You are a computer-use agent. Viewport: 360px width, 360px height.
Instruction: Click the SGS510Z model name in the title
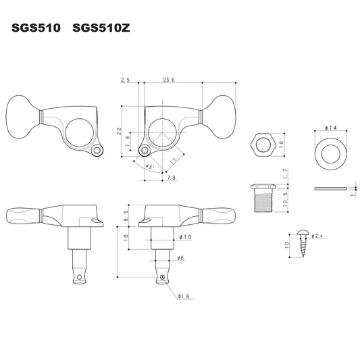(101, 28)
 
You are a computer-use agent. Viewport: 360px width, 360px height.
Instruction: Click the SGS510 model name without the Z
(36, 28)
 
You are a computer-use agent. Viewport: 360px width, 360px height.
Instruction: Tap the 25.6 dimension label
(169, 80)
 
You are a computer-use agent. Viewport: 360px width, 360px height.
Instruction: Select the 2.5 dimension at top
(126, 80)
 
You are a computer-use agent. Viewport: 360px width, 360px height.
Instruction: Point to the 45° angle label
(150, 167)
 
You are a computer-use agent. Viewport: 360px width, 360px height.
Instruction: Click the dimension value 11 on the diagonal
(173, 161)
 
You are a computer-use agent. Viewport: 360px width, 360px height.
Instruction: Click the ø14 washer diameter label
(330, 128)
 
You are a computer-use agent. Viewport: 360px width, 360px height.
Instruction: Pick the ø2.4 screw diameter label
(317, 236)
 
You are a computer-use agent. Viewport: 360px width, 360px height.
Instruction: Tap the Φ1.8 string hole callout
(183, 297)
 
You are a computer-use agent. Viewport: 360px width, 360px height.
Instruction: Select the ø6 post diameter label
(181, 258)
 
